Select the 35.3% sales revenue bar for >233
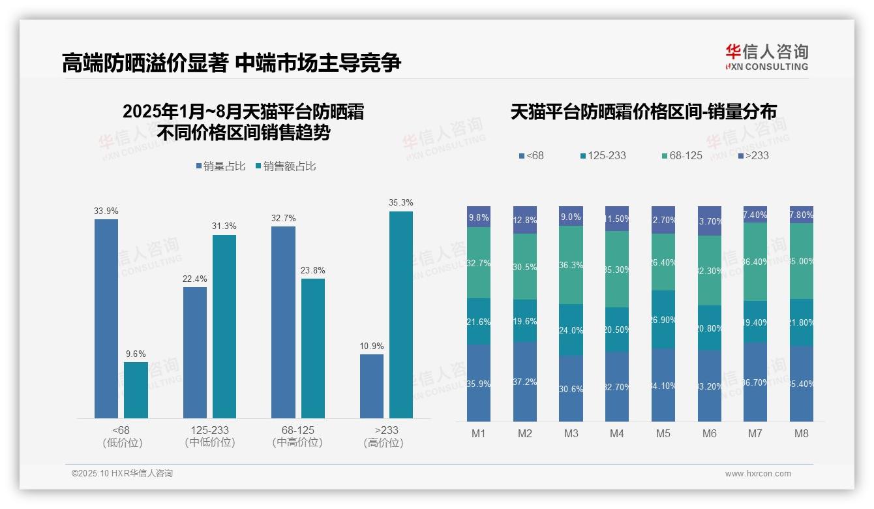(401, 315)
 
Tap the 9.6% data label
(136, 354)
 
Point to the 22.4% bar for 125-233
(195, 352)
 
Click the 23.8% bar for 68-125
(313, 348)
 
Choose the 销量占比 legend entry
(220, 166)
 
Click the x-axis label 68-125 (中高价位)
(297, 437)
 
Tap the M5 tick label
(663, 433)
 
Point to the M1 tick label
(478, 433)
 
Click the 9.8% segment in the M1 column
(479, 217)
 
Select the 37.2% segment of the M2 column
(525, 382)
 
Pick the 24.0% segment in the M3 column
(571, 330)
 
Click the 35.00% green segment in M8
(802, 261)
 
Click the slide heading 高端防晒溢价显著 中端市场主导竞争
(232, 63)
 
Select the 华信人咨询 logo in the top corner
(766, 57)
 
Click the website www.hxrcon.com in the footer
(758, 474)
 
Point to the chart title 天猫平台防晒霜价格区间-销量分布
(643, 112)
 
